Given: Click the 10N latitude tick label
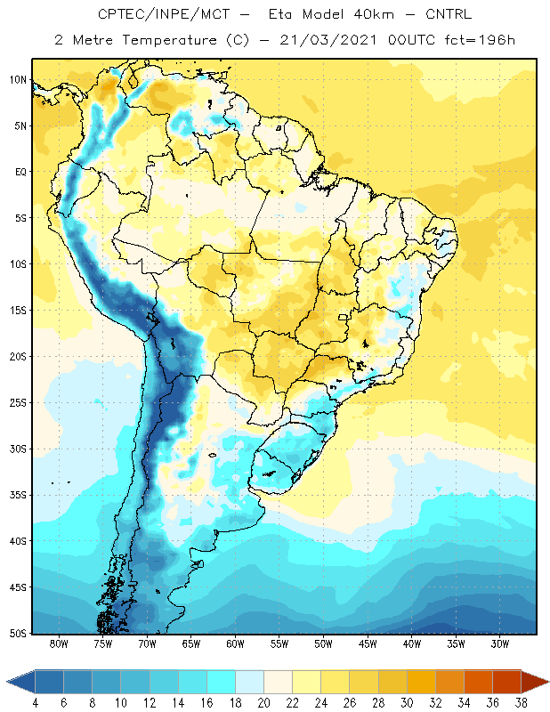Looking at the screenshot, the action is pyautogui.click(x=18, y=80).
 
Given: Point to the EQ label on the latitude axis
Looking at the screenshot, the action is pyautogui.click(x=20, y=172).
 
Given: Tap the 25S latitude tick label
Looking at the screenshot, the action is pyautogui.click(x=18, y=403).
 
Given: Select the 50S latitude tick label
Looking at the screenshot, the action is pyautogui.click(x=18, y=633).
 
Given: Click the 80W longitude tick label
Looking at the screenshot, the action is pyautogui.click(x=59, y=643).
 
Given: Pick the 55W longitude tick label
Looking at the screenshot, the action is pyautogui.click(x=279, y=643).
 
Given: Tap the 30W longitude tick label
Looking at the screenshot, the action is pyautogui.click(x=500, y=643).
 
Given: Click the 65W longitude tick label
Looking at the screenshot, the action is pyautogui.click(x=191, y=643).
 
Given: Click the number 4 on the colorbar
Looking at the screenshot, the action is pyautogui.click(x=35, y=703).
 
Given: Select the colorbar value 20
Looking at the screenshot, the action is pyautogui.click(x=263, y=703).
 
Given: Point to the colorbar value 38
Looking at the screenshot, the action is pyautogui.click(x=521, y=703).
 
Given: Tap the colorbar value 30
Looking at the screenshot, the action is pyautogui.click(x=407, y=703).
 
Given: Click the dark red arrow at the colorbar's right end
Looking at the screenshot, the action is pyautogui.click(x=535, y=681).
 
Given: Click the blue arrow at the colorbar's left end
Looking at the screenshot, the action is pyautogui.click(x=20, y=681).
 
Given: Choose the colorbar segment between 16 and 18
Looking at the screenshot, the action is pyautogui.click(x=222, y=681).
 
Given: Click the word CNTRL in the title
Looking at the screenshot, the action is pyautogui.click(x=449, y=14).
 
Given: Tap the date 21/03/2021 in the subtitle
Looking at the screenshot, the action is pyautogui.click(x=328, y=40).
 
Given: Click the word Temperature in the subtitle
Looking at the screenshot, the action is pyautogui.click(x=169, y=40).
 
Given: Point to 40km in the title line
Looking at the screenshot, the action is pyautogui.click(x=374, y=14).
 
